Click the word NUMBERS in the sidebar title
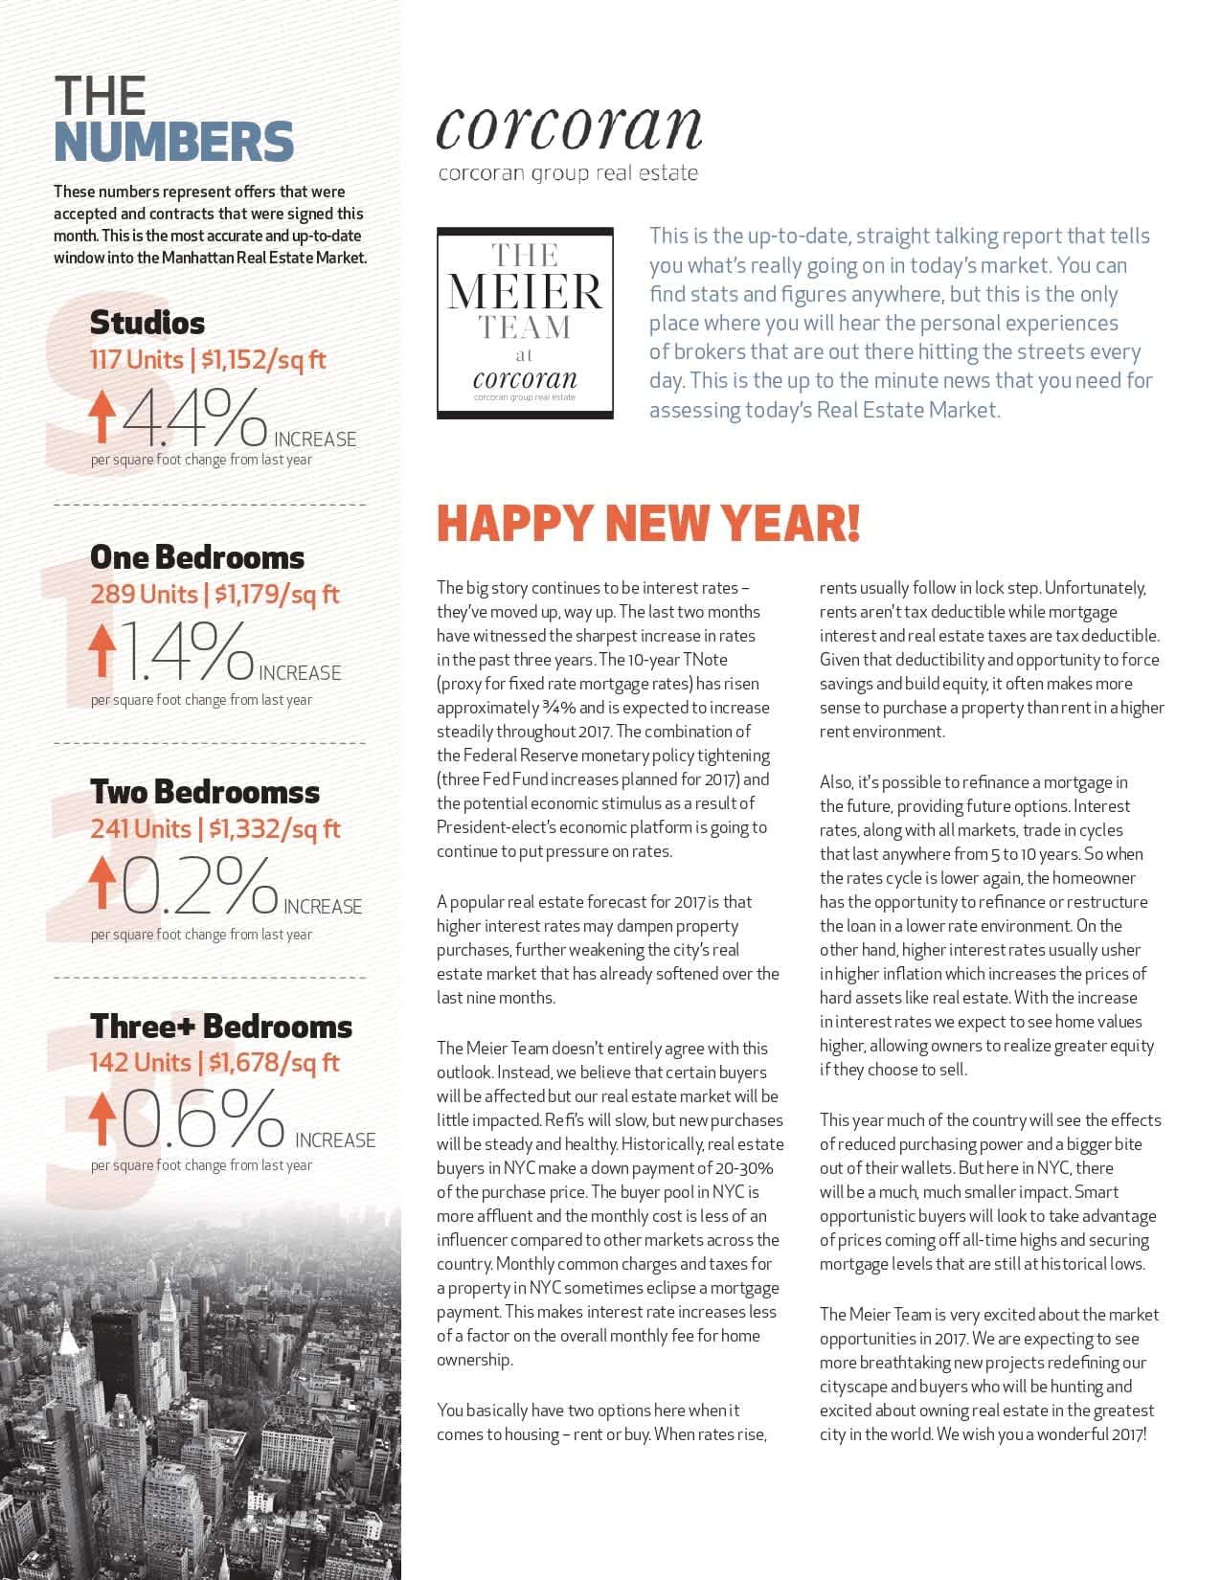(173, 142)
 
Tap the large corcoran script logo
(569, 127)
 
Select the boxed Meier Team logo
(525, 323)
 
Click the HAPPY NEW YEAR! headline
(648, 523)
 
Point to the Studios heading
(147, 323)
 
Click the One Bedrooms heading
(197, 557)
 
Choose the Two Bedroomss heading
(205, 792)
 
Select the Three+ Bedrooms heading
(221, 1027)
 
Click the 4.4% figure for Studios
(194, 418)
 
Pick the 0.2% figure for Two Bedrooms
(199, 885)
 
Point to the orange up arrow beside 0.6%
(102, 1118)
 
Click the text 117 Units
(137, 360)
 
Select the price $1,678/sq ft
(274, 1063)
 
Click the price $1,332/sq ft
(274, 829)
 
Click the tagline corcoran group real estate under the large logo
(568, 173)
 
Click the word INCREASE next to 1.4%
(300, 673)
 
